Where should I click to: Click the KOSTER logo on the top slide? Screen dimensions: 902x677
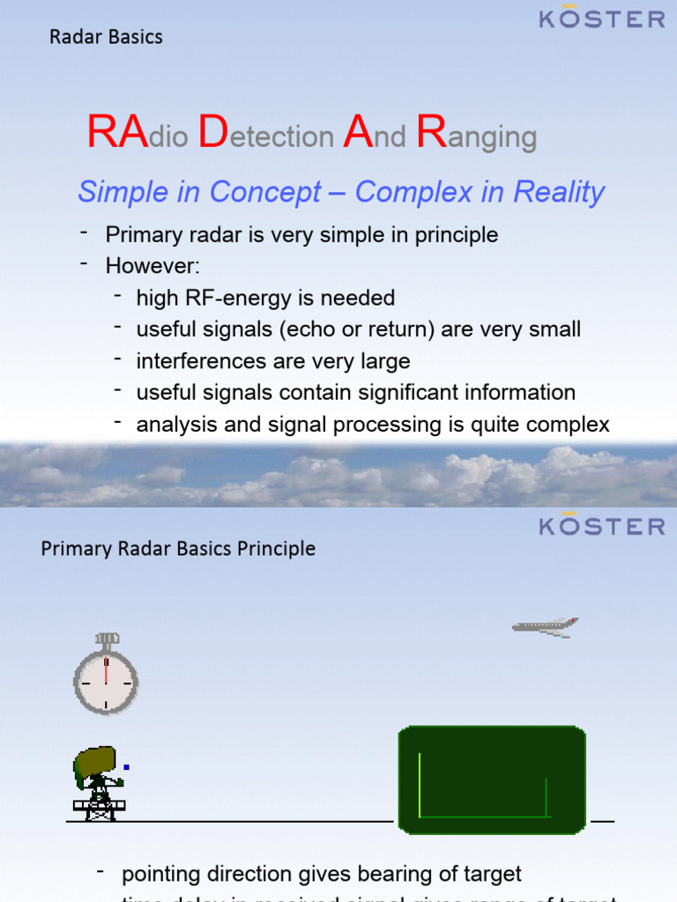click(x=602, y=18)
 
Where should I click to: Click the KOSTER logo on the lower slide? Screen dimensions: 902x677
click(x=602, y=526)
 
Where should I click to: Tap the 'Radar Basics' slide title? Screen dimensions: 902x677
click(x=106, y=37)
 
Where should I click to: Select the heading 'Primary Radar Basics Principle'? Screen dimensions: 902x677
click(x=178, y=549)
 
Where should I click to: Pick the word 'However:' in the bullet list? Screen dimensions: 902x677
click(x=140, y=266)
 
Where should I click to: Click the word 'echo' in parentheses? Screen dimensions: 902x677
click(x=303, y=329)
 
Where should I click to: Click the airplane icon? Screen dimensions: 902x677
click(x=545, y=626)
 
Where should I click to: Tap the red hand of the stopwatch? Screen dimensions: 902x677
click(x=106, y=669)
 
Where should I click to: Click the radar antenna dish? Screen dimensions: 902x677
click(x=94, y=763)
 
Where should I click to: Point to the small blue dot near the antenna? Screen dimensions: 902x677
click(x=127, y=767)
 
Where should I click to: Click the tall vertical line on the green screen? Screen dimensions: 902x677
click(x=420, y=784)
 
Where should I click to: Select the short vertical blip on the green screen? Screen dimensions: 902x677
click(x=547, y=796)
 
